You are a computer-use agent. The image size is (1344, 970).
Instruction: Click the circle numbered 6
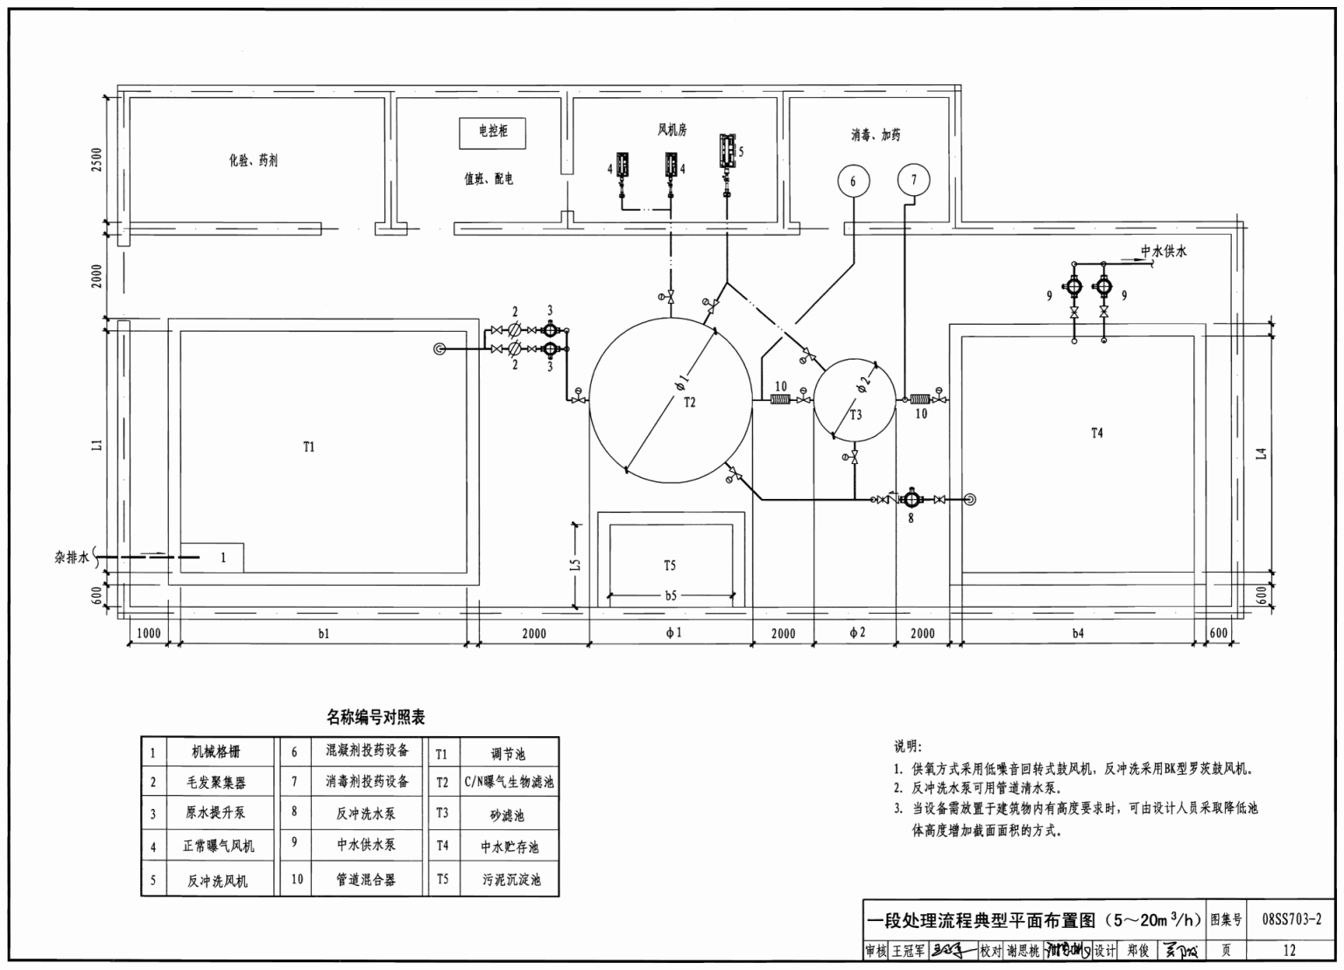[x=853, y=181]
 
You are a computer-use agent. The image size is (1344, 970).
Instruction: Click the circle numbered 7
[x=913, y=180]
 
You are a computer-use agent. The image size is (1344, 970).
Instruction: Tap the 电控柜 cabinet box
[x=493, y=131]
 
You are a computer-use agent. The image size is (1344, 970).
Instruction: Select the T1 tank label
[x=308, y=447]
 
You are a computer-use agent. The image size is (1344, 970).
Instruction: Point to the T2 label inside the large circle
[x=689, y=402]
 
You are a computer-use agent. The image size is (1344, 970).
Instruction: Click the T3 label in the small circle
[x=855, y=415]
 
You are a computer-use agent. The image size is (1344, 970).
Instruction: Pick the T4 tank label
[x=1097, y=432]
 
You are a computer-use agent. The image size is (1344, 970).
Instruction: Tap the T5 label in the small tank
[x=670, y=566]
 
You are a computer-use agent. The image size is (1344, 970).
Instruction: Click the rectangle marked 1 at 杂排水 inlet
[x=212, y=558]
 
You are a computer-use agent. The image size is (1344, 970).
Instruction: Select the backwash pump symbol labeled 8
[x=911, y=499]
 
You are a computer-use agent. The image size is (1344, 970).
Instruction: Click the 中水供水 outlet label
[x=1164, y=252]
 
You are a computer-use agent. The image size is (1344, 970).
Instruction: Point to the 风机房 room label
[x=672, y=130]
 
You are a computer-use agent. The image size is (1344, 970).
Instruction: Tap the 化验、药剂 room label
[x=253, y=161]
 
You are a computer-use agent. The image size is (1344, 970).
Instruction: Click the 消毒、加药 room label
[x=875, y=135]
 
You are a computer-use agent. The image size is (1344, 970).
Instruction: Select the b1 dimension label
[x=324, y=633]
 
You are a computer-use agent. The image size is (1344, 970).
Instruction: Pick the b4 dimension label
[x=1077, y=633]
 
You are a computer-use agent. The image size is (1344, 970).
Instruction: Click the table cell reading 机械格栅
[x=215, y=752]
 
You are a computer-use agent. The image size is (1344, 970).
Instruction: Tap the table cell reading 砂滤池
[x=507, y=815]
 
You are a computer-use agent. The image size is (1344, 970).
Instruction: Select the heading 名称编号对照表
[x=376, y=718]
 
